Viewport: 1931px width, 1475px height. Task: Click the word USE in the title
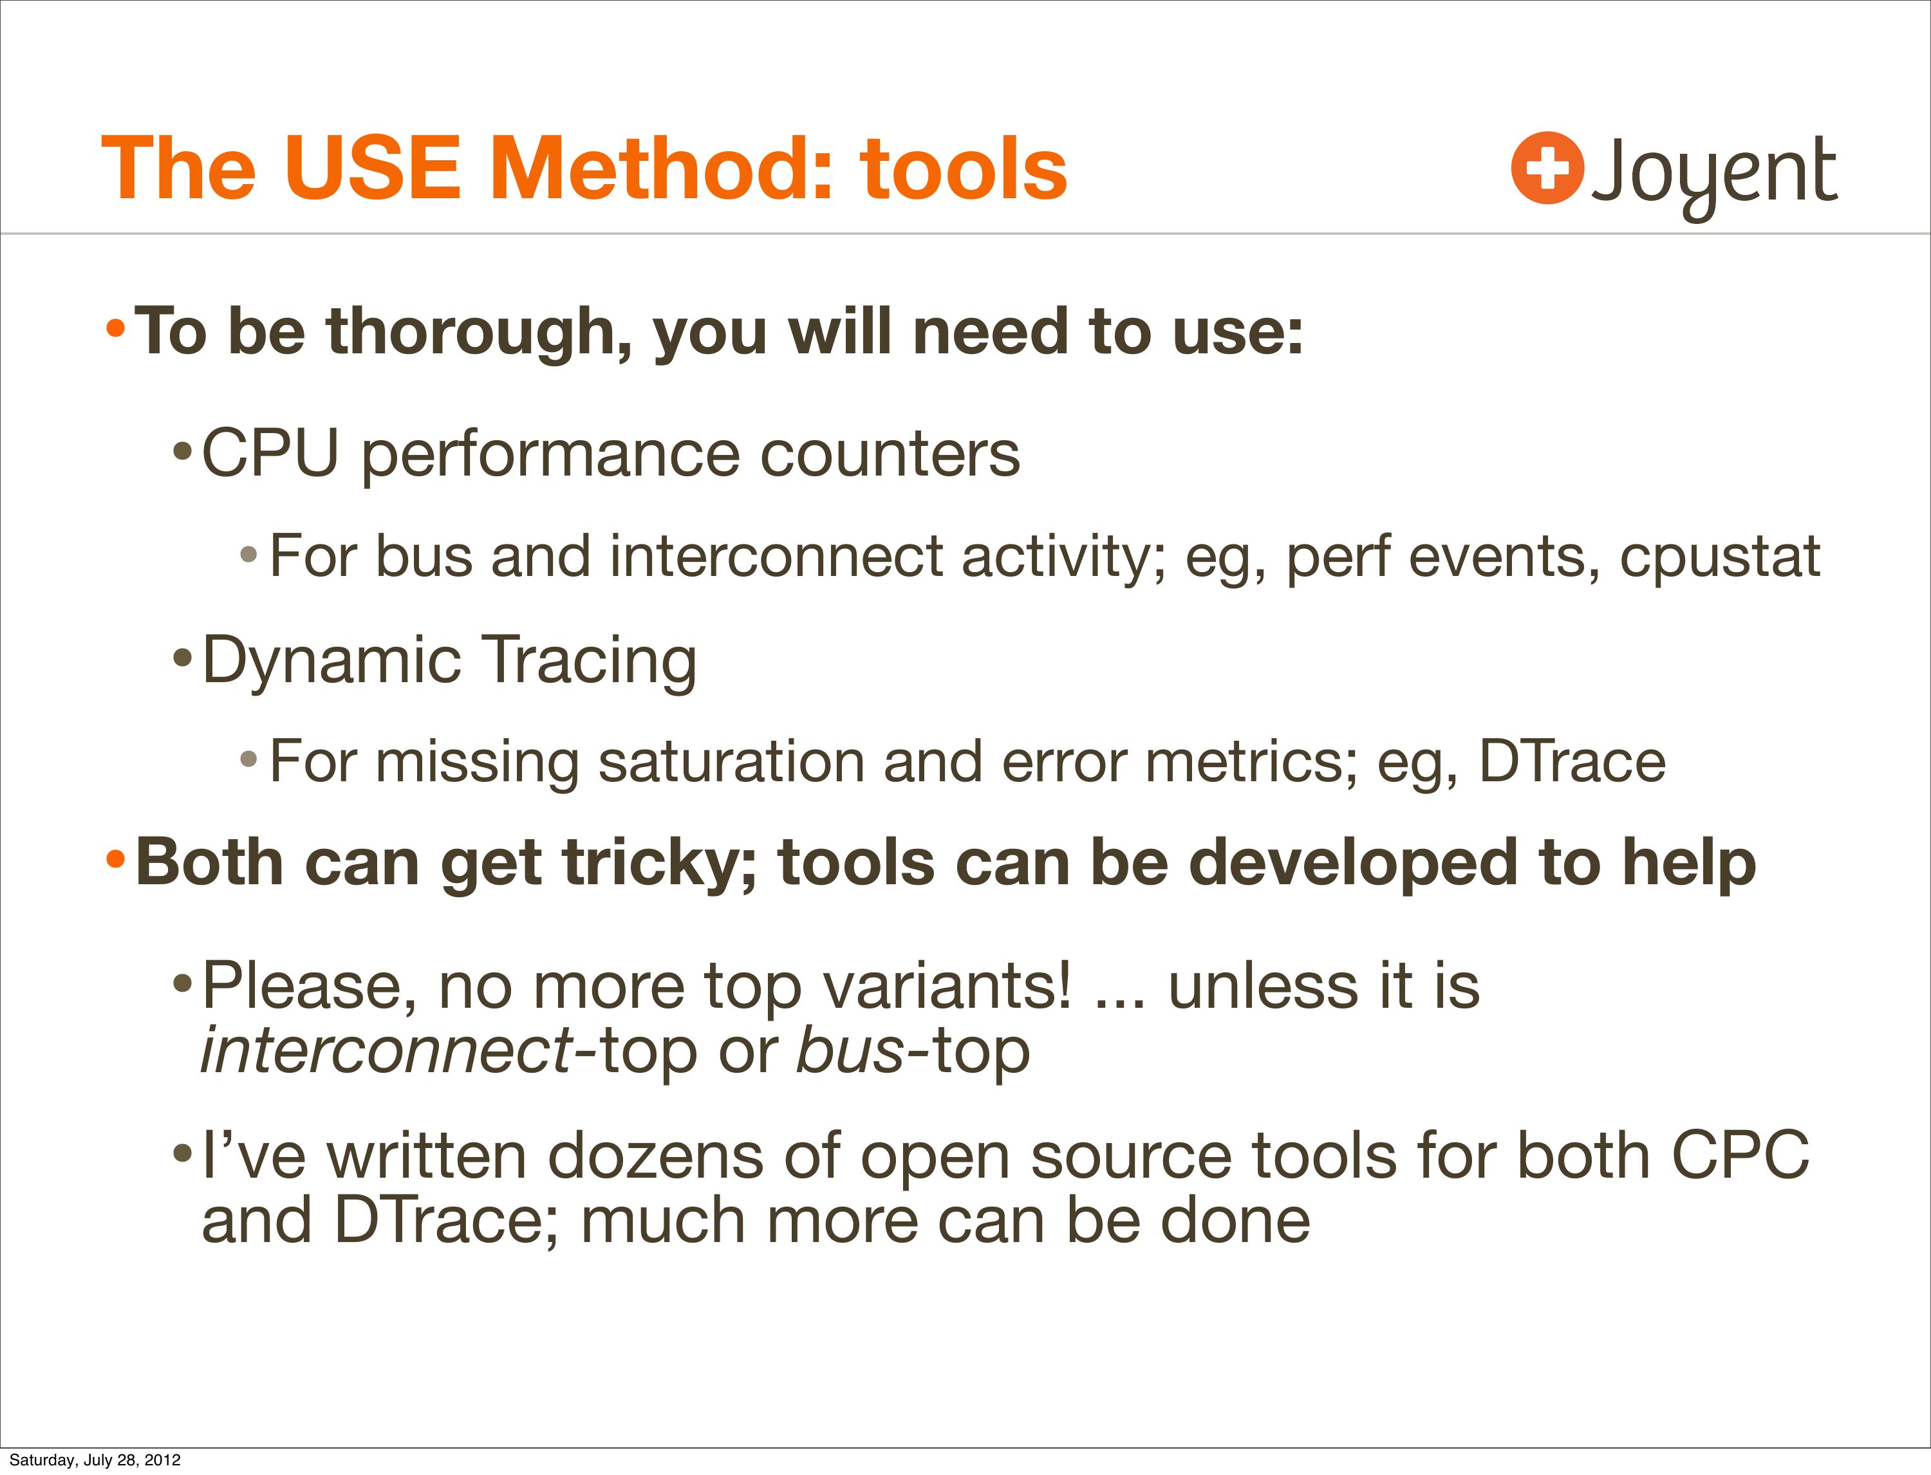[x=372, y=168]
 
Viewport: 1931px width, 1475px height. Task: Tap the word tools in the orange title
[x=964, y=168]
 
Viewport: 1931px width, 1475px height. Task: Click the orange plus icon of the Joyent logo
[x=1547, y=168]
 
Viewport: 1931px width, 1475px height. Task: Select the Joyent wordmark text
[x=1714, y=176]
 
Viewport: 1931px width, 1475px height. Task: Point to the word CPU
[x=270, y=454]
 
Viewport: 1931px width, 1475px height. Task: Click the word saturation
[x=731, y=761]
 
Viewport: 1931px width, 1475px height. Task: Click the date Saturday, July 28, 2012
[x=95, y=1460]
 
